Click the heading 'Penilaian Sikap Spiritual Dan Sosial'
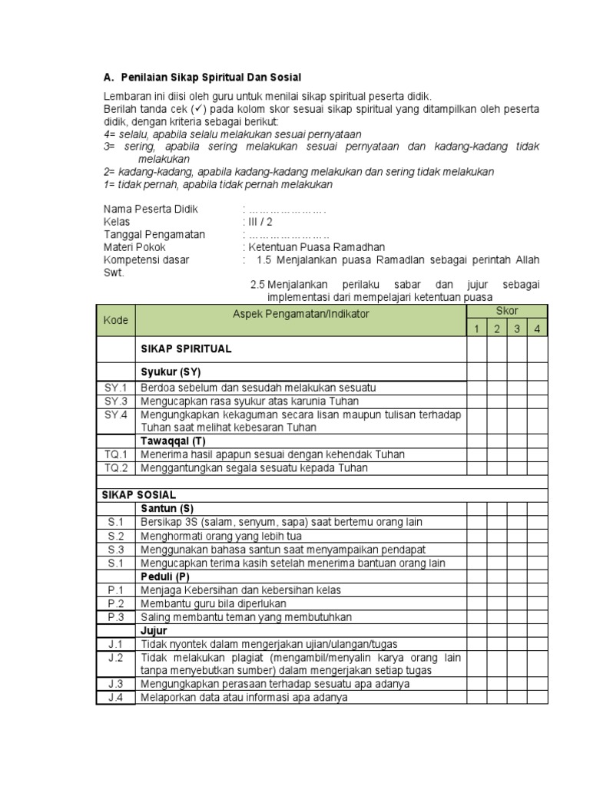pos(211,78)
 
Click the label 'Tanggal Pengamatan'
pos(154,235)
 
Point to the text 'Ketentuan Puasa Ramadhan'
pos(316,247)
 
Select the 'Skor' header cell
pos(507,311)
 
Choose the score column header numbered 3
pos(518,329)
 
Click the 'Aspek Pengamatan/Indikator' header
pos(301,314)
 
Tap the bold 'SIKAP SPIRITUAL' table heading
pos(186,348)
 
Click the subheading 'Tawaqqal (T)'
pos(173,441)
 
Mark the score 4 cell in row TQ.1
pos(538,454)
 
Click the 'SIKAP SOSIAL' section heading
pos(139,494)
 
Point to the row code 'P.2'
pos(116,603)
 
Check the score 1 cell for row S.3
pos(476,550)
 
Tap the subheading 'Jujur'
pos(154,630)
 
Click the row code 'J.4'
pos(116,697)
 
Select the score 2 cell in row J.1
pos(497,644)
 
